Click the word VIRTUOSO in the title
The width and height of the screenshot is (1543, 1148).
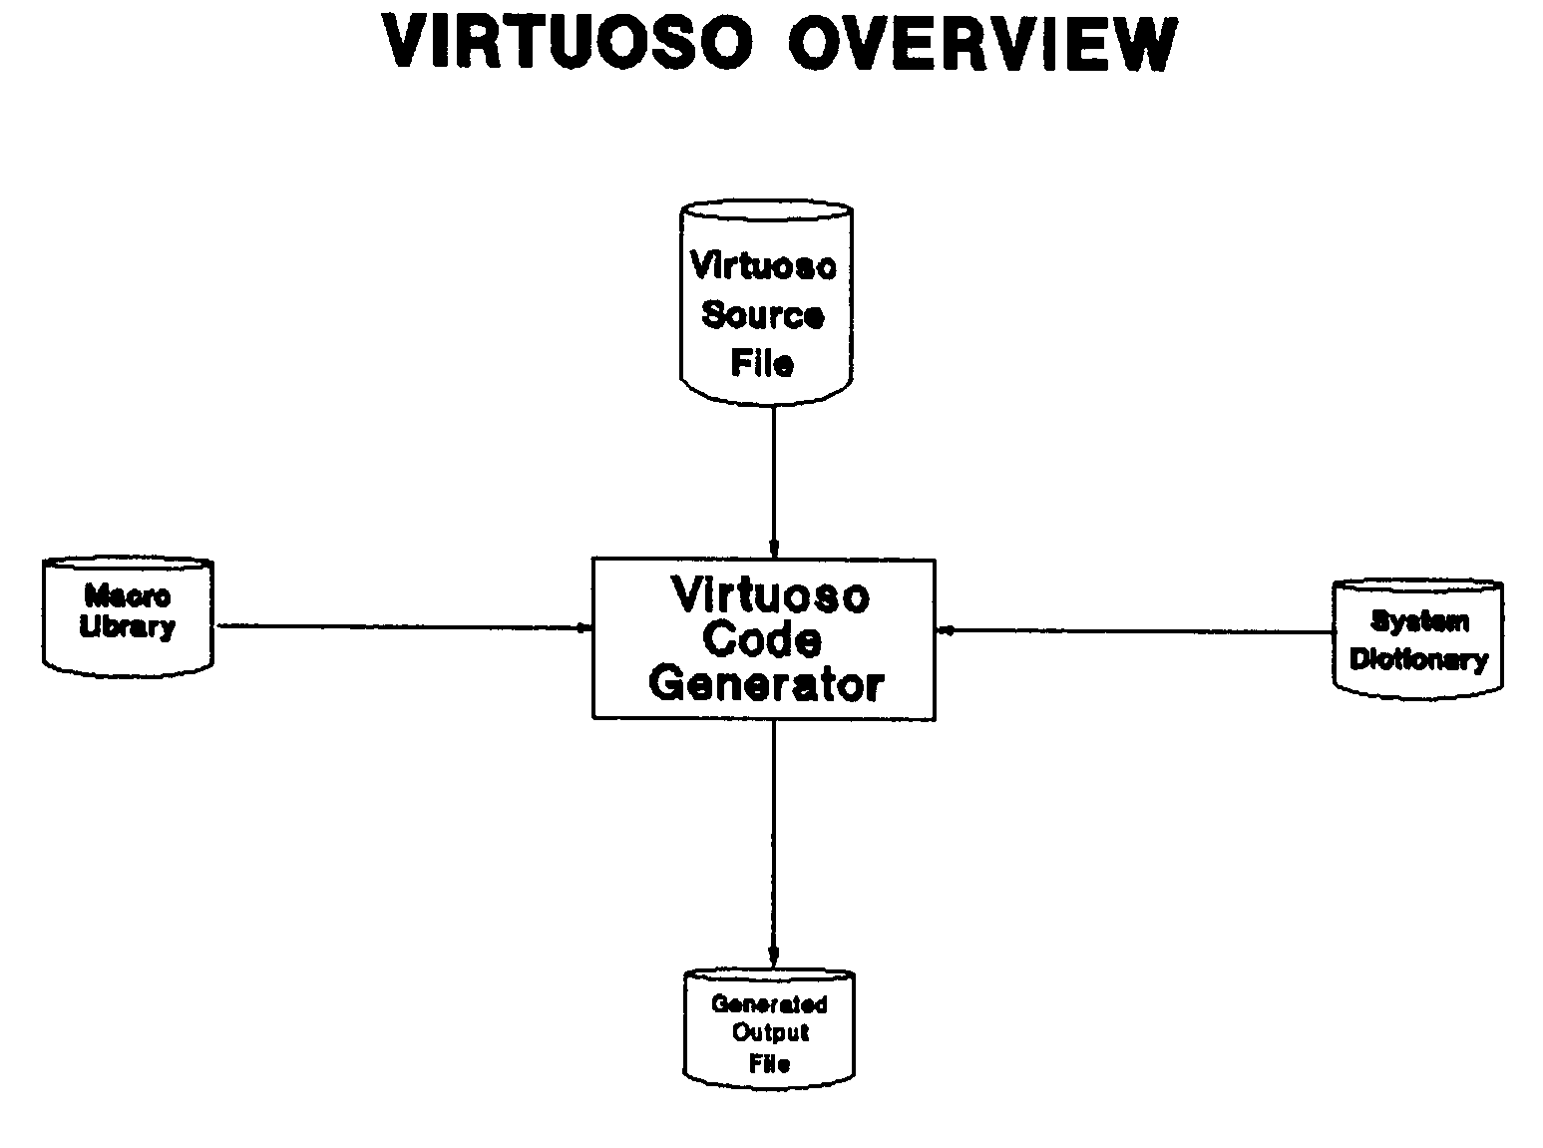point(568,44)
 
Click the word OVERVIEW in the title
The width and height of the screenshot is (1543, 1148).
point(982,44)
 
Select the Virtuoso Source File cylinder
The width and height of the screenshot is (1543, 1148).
point(765,304)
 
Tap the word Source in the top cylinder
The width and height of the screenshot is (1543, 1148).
point(763,315)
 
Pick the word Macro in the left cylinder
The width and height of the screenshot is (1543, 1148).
point(128,596)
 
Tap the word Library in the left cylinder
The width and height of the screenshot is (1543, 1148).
point(128,628)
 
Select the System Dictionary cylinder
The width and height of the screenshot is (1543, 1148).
point(1417,636)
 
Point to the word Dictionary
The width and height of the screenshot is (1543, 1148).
point(1418,659)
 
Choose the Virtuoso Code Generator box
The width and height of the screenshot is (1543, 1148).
point(764,639)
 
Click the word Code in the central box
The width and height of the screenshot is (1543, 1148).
point(763,639)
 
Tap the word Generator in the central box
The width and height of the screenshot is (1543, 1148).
point(766,684)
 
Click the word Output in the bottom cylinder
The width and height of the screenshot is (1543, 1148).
point(770,1032)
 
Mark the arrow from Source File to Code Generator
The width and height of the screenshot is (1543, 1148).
point(773,483)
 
